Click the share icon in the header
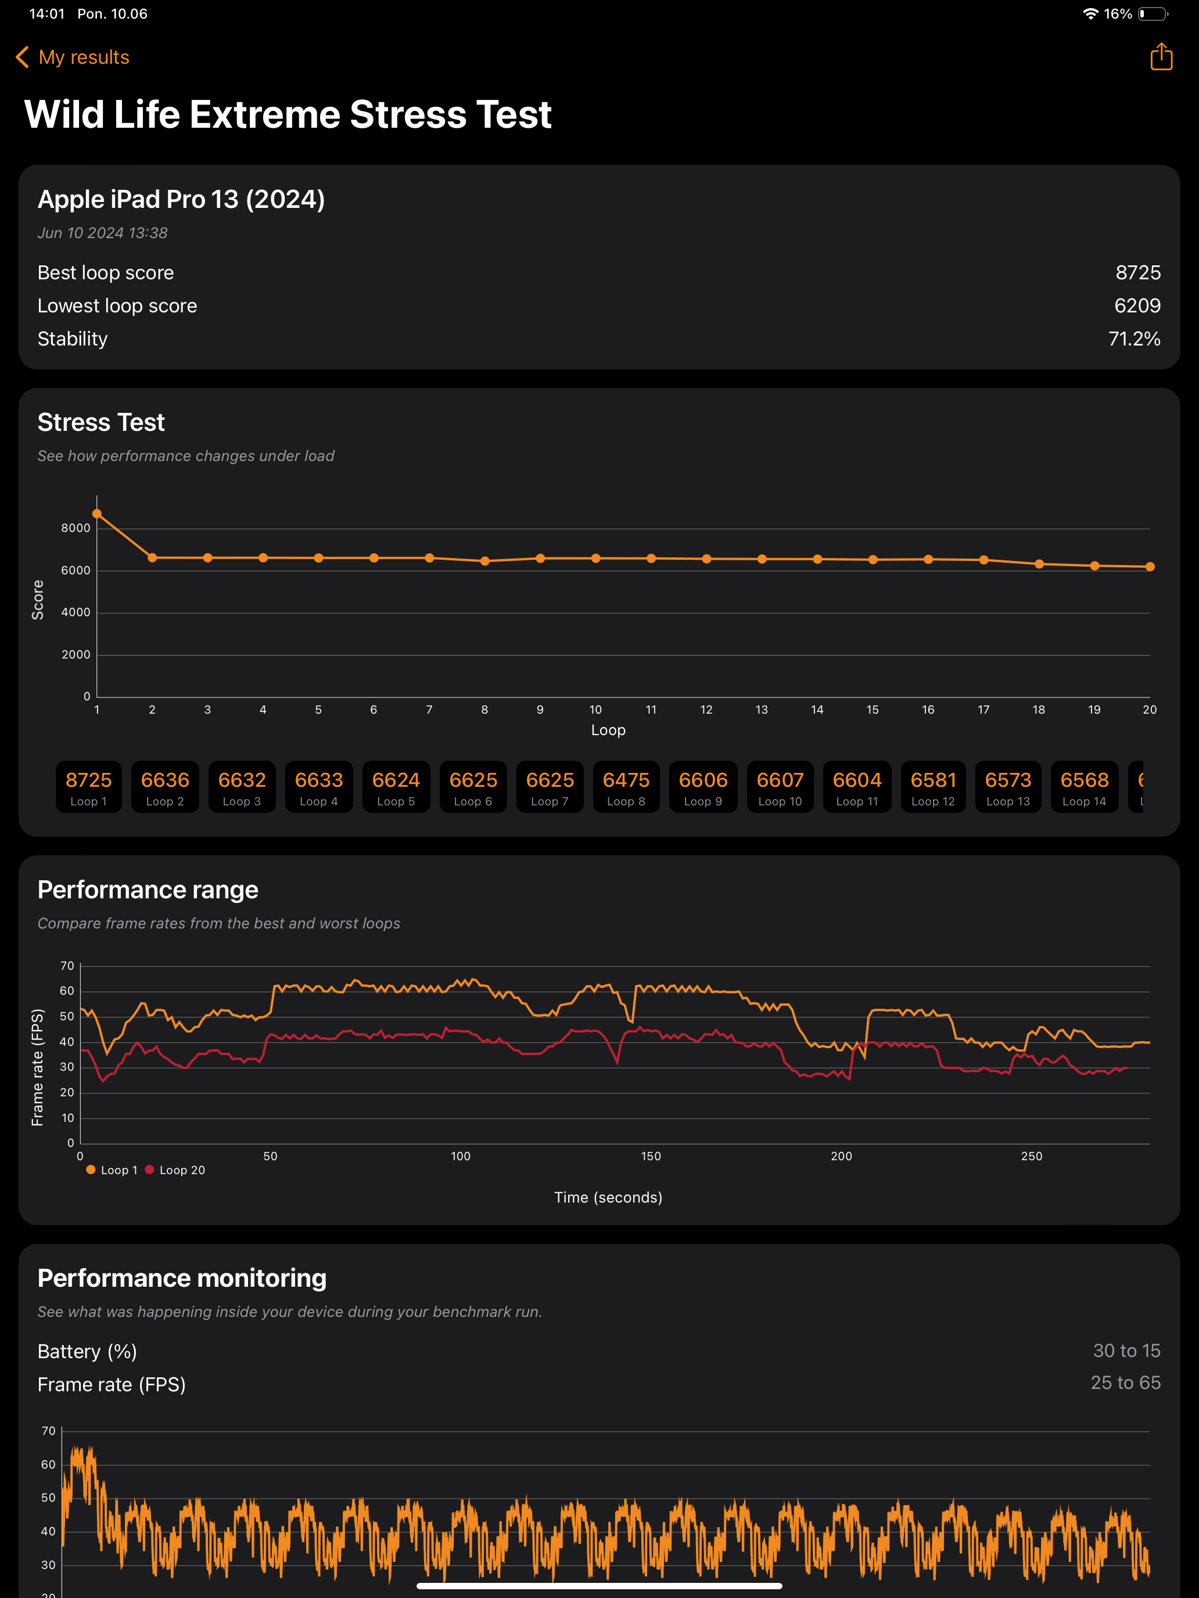pyautogui.click(x=1161, y=56)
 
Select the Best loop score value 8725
pyautogui.click(x=1137, y=272)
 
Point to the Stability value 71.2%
pyautogui.click(x=1134, y=339)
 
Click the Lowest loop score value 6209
pyautogui.click(x=1137, y=305)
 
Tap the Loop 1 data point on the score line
pyautogui.click(x=97, y=514)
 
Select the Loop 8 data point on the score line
pyautogui.click(x=485, y=560)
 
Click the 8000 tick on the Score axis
pyautogui.click(x=76, y=528)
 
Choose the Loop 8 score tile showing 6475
pyautogui.click(x=626, y=787)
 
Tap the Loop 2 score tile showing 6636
pyautogui.click(x=165, y=787)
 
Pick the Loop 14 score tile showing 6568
pyautogui.click(x=1084, y=787)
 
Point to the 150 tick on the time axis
pyautogui.click(x=651, y=1156)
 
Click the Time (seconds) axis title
pyautogui.click(x=608, y=1197)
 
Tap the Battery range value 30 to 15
pyautogui.click(x=1126, y=1350)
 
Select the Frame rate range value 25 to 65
pyautogui.click(x=1125, y=1382)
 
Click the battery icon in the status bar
pyautogui.click(x=1153, y=14)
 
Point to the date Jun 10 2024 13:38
pyautogui.click(x=103, y=233)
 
